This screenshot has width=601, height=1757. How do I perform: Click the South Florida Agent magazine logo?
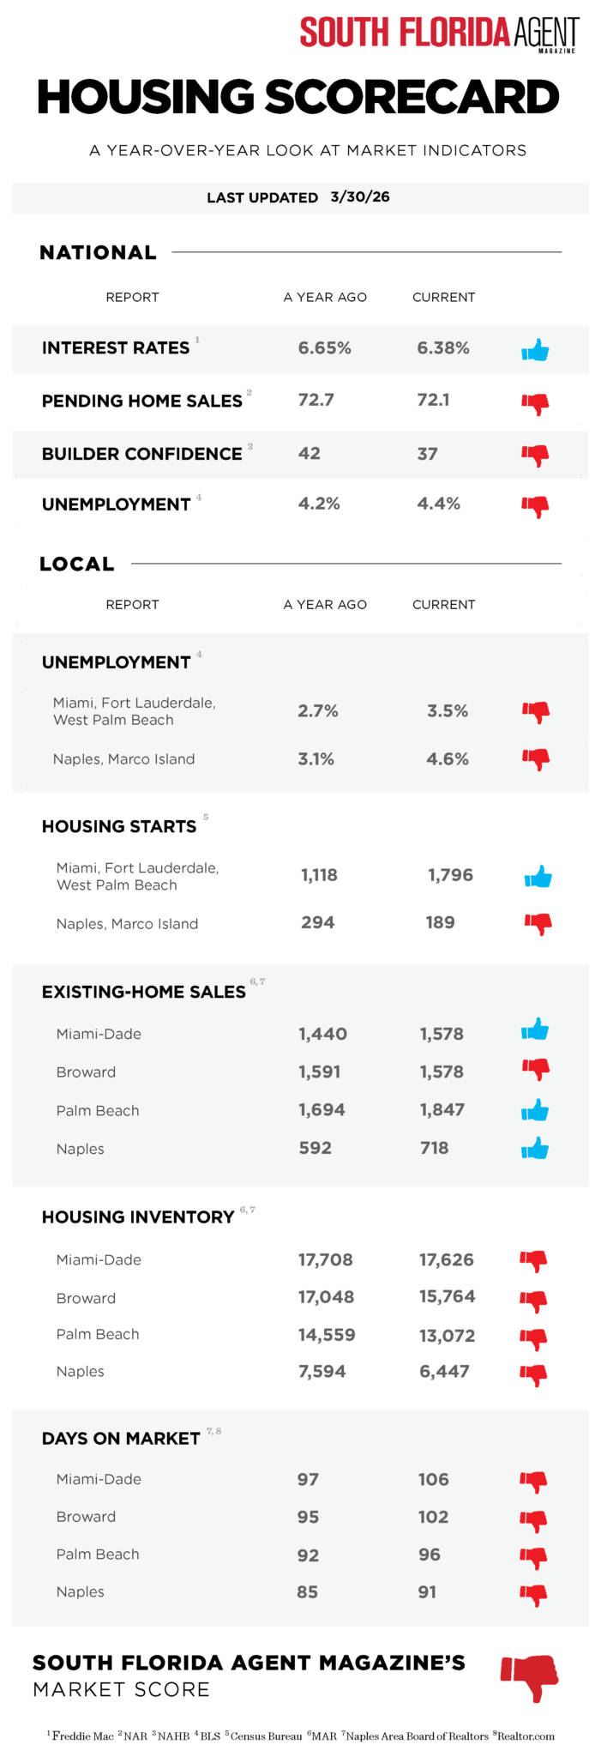click(x=439, y=33)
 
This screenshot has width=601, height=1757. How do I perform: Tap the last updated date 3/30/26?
click(x=360, y=196)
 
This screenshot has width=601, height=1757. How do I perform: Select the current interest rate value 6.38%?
click(x=443, y=348)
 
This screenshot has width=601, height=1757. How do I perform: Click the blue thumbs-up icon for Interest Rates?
click(x=535, y=350)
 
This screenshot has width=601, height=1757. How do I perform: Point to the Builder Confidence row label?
click(x=142, y=454)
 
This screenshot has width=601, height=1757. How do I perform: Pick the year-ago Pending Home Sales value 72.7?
click(x=316, y=400)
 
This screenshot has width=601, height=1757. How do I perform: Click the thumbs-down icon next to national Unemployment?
click(x=535, y=506)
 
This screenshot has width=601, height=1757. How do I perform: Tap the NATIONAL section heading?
click(x=98, y=252)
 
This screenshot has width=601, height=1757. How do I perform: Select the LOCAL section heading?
click(x=77, y=564)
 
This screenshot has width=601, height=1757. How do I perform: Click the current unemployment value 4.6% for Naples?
click(x=448, y=759)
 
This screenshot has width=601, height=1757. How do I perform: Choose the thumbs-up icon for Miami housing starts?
click(x=538, y=877)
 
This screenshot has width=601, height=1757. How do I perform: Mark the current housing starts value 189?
click(x=440, y=922)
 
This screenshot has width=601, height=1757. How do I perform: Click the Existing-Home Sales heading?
click(x=144, y=992)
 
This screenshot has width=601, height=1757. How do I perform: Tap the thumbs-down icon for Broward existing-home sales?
click(x=535, y=1069)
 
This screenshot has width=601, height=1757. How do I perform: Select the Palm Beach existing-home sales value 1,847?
click(x=442, y=1109)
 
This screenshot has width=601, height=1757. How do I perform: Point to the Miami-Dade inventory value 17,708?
click(x=326, y=1259)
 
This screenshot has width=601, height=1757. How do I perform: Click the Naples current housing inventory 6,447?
click(x=444, y=1371)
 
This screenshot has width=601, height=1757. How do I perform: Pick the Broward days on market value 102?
click(x=433, y=1517)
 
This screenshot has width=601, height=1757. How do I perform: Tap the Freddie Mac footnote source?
click(x=81, y=1736)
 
